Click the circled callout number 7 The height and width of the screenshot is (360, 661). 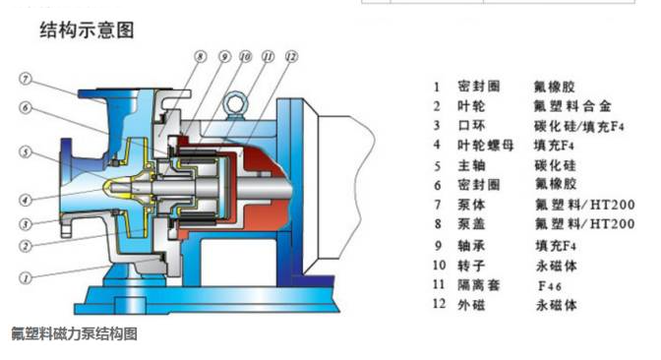tap(26, 79)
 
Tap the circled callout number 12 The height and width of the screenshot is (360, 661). tap(291, 56)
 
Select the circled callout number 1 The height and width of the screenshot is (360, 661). tap(26, 277)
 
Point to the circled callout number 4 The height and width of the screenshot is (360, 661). tap(26, 200)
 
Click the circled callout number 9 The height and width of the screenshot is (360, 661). tap(224, 56)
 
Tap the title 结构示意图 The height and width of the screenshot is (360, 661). tap(87, 30)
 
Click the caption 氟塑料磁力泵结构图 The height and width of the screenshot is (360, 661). tap(74, 333)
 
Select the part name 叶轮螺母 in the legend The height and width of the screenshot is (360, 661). tap(486, 146)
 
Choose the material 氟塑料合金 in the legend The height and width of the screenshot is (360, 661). tap(572, 106)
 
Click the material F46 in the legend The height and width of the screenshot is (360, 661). tap(550, 286)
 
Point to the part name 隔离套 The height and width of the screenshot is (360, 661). tap(479, 285)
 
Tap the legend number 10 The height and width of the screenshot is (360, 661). tap(439, 266)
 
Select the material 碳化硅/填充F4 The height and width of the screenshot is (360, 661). tap(579, 126)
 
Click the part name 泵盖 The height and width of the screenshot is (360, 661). tap(471, 224)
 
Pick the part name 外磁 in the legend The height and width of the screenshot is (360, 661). tap(471, 304)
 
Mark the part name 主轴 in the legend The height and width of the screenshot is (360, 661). tap(471, 165)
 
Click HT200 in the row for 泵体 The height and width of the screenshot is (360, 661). tap(612, 205)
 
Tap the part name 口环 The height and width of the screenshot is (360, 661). tap(471, 126)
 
